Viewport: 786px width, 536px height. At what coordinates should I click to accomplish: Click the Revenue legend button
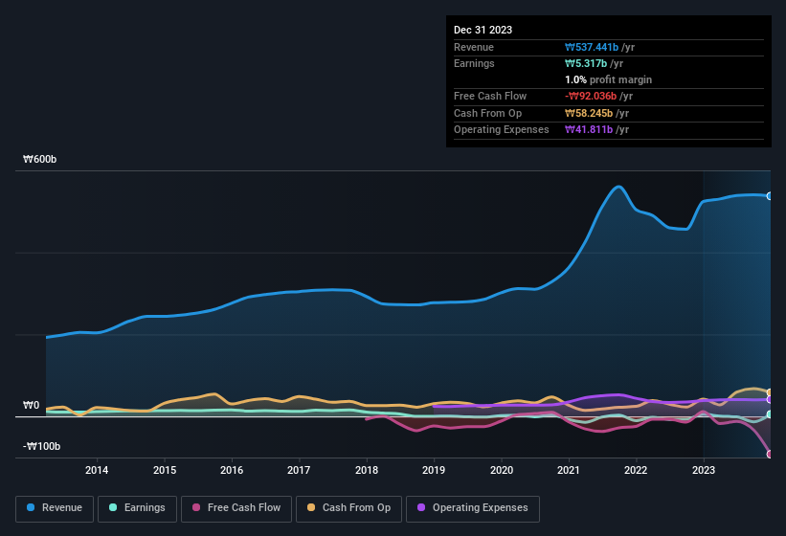pos(55,508)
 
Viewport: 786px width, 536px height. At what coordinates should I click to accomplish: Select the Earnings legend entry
pos(137,508)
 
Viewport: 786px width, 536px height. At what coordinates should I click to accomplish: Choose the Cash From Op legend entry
pos(348,508)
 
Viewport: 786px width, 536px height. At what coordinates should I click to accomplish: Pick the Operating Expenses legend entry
pos(472,508)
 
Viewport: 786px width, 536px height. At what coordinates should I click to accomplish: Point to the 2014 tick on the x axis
pos(96,470)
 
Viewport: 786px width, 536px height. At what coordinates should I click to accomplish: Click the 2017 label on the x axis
pos(299,470)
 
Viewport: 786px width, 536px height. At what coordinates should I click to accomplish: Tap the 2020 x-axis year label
pos(501,470)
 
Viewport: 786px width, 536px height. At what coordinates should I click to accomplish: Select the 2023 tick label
pos(704,470)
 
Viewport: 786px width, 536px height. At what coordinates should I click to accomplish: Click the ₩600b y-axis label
pos(40,159)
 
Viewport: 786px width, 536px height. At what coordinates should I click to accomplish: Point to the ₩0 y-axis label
pos(31,406)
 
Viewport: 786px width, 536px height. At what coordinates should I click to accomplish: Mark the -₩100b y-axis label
pos(42,447)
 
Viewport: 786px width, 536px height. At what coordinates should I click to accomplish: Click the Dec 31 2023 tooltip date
pos(483,30)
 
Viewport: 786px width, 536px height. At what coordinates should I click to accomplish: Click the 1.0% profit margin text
pos(608,79)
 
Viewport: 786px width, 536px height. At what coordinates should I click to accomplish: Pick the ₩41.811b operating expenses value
pos(591,129)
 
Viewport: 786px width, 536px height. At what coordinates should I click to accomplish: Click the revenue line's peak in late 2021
pos(619,187)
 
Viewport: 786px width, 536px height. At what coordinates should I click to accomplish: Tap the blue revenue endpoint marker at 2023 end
pos(770,196)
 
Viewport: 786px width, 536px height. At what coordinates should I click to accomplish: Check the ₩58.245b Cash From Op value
pos(591,113)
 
